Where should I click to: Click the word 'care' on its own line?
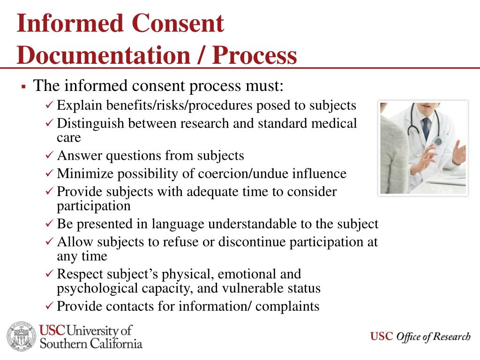[69, 137]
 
